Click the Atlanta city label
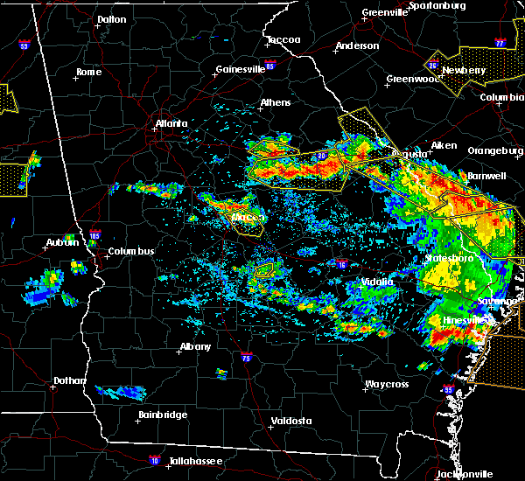pyautogui.click(x=171, y=123)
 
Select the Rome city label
pyautogui.click(x=89, y=72)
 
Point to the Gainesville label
pyautogui.click(x=241, y=69)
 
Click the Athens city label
pyautogui.click(x=276, y=102)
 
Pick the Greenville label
pyautogui.click(x=386, y=12)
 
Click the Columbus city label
pyautogui.click(x=131, y=252)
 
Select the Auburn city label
pyautogui.click(x=59, y=242)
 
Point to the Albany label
pyautogui.click(x=195, y=346)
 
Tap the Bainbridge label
pyautogui.click(x=163, y=415)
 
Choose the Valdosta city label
pyautogui.click(x=291, y=421)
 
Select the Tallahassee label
pyautogui.click(x=192, y=461)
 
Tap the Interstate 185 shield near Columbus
pyautogui.click(x=95, y=235)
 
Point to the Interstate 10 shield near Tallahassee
pyautogui.click(x=155, y=459)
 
